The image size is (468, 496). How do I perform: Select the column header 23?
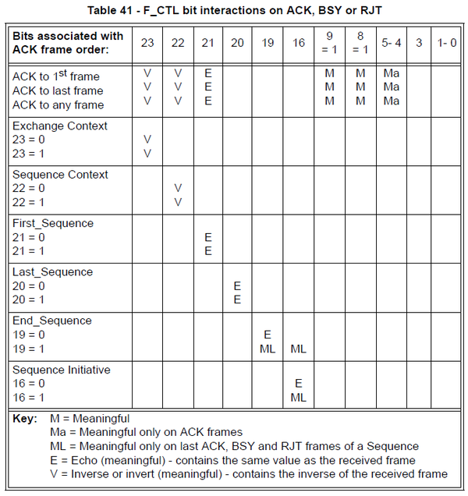click(x=147, y=43)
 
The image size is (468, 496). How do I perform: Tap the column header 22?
click(x=178, y=43)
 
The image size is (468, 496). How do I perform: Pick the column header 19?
click(x=268, y=43)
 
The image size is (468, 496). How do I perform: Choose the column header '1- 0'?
click(x=447, y=43)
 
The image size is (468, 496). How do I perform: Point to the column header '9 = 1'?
click(x=331, y=43)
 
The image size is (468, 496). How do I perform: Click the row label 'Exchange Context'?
click(x=60, y=126)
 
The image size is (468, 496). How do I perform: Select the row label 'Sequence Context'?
click(x=60, y=175)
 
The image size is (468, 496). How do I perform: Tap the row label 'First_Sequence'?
click(x=53, y=224)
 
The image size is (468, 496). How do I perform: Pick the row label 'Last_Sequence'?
click(x=52, y=272)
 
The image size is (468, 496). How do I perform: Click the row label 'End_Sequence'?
click(x=51, y=321)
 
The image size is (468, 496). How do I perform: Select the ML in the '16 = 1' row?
click(x=299, y=397)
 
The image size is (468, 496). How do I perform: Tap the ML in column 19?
click(x=268, y=349)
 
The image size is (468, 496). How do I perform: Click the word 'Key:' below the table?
click(x=26, y=419)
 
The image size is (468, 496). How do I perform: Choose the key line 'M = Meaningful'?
click(x=90, y=419)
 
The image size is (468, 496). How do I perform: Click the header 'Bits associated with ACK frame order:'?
click(x=68, y=43)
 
